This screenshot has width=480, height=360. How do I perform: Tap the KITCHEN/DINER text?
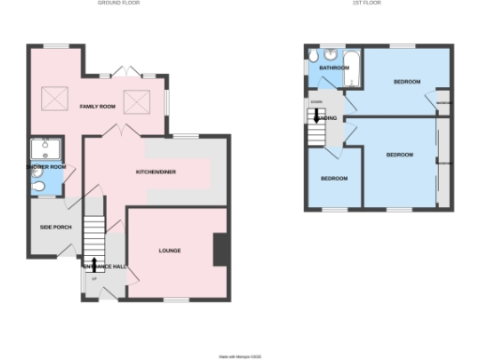point(157,172)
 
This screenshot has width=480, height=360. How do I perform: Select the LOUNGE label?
point(170,250)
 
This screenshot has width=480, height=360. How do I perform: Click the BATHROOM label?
point(333,68)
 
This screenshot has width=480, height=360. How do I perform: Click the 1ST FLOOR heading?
point(366,4)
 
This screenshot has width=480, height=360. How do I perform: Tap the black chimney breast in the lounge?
point(220,249)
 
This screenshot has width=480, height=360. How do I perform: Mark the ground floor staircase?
point(93,232)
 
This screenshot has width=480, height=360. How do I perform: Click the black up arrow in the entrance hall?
point(93,264)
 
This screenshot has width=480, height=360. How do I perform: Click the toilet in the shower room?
point(37,190)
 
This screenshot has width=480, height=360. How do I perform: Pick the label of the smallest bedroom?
point(334,179)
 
